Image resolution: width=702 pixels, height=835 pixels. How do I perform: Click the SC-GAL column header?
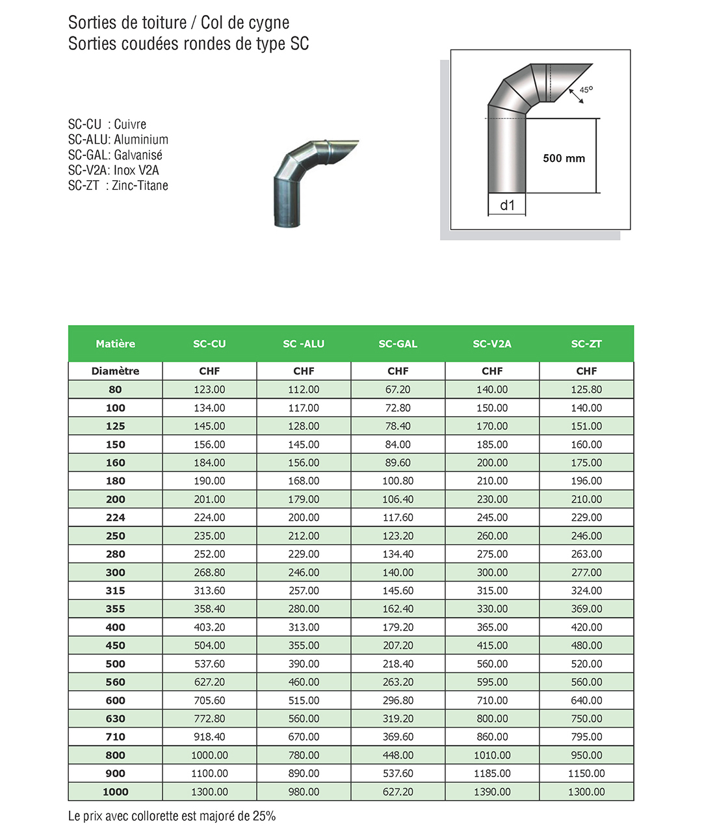[x=398, y=344]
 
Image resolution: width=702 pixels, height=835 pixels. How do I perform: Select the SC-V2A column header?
[x=492, y=344]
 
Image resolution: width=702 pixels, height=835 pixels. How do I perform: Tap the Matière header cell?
[x=115, y=344]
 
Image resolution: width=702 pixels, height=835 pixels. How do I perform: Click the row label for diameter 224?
[x=115, y=518]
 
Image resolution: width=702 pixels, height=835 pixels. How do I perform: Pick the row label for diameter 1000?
[x=115, y=792]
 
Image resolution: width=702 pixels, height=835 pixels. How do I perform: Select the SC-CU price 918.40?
[x=209, y=737]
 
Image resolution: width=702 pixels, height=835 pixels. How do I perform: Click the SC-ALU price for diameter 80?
[x=304, y=390]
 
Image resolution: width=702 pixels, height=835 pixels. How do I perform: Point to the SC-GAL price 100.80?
[x=398, y=481]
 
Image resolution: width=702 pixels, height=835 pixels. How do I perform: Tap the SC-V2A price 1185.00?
[x=492, y=774]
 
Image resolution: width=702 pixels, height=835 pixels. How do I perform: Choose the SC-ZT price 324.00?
[x=586, y=590]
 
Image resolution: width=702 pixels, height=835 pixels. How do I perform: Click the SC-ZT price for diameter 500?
[x=586, y=664]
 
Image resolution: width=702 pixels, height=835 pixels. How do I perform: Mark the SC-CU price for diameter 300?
[x=209, y=572]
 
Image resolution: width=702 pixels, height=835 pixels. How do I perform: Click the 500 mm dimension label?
[x=564, y=158]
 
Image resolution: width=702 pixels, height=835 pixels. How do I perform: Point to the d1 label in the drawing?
[x=507, y=205]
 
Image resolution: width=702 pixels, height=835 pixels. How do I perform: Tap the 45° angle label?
[x=586, y=90]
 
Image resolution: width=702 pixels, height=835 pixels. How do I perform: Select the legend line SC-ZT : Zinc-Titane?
[x=118, y=186]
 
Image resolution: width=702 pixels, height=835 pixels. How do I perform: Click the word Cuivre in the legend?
[x=130, y=124]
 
